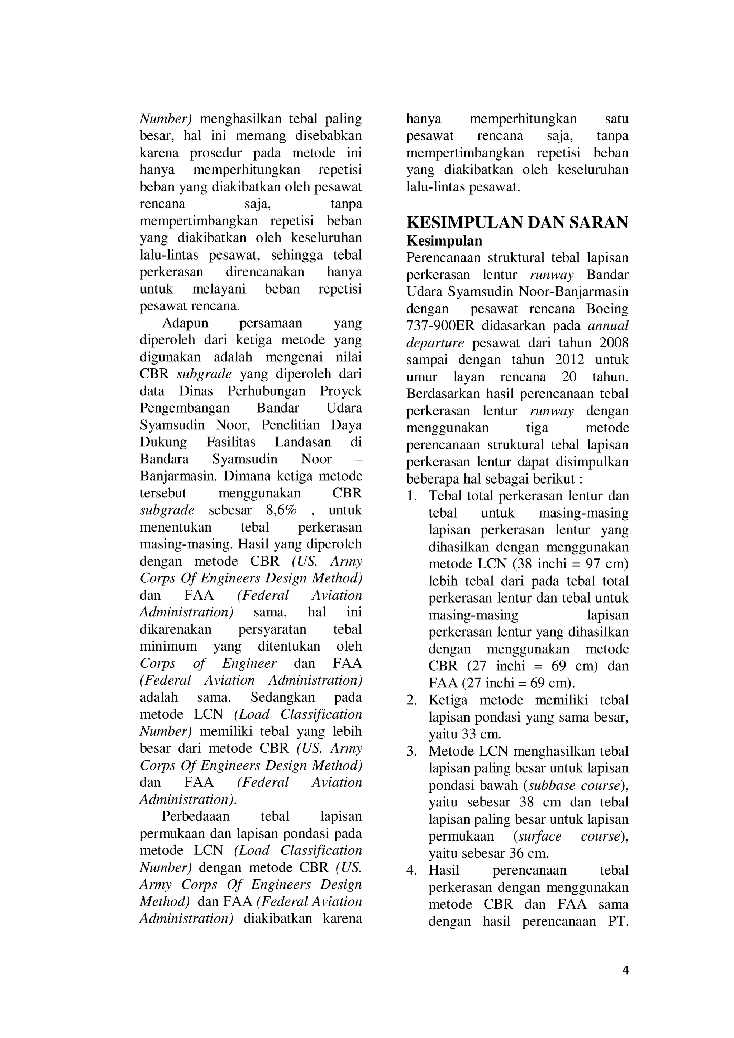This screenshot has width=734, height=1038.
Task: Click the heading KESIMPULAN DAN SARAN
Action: pos(517,223)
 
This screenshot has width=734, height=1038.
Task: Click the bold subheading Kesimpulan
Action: pos(444,241)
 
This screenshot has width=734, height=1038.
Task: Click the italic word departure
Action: pos(435,343)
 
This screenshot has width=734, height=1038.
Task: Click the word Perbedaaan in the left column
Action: pos(195,816)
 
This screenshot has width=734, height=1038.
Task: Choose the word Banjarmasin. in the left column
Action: pos(180,476)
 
